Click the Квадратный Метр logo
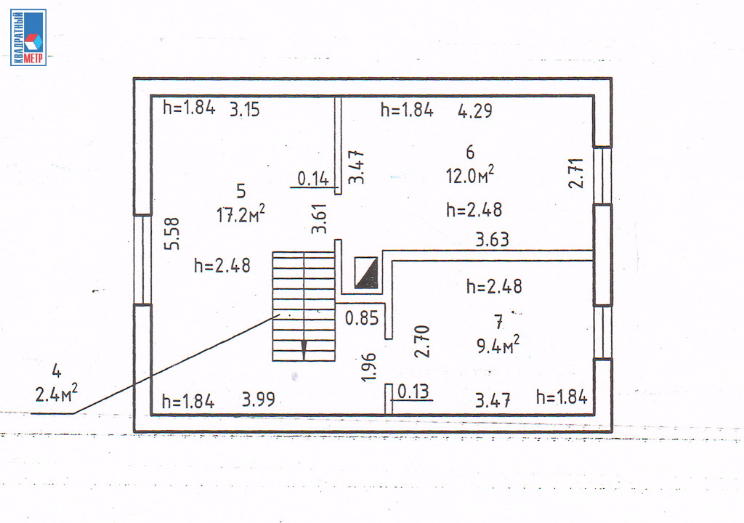click(28, 38)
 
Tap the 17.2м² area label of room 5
click(240, 214)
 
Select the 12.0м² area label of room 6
click(470, 174)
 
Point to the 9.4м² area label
click(498, 344)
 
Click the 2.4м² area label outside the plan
click(56, 392)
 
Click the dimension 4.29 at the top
click(475, 110)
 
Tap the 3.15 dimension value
click(245, 109)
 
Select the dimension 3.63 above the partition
click(493, 240)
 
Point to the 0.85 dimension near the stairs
click(362, 318)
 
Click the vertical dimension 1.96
click(368, 367)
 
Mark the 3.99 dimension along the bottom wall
click(259, 399)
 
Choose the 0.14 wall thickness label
click(313, 179)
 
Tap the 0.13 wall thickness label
click(413, 392)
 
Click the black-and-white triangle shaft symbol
click(366, 272)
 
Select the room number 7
click(498, 323)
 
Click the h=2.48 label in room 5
click(222, 265)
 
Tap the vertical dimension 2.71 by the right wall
click(576, 174)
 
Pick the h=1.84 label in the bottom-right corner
click(562, 397)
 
